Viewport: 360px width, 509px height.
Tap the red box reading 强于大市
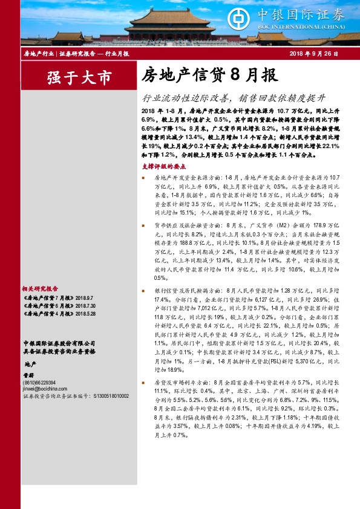click(79, 77)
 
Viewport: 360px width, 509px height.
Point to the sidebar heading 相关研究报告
click(40, 289)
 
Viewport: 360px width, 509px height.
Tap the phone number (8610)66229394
click(39, 383)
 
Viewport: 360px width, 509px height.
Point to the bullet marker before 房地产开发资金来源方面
click(143, 178)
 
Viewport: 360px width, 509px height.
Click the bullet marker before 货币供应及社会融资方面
click(143, 224)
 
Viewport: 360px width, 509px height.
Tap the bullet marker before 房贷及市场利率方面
click(143, 383)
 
